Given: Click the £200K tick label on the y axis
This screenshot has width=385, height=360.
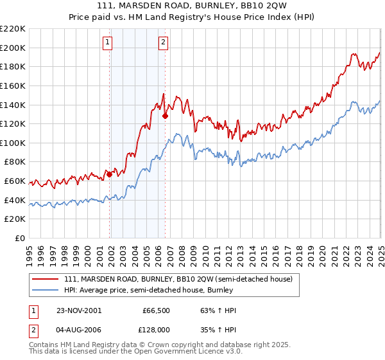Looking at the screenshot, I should tap(13, 48).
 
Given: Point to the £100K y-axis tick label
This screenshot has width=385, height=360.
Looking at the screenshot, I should tap(13, 143).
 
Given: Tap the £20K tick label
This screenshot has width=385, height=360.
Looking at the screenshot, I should tap(15, 219).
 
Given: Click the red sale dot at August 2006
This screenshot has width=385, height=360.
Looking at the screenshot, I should tap(165, 116).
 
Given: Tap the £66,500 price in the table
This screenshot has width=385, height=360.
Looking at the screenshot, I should tap(156, 310).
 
